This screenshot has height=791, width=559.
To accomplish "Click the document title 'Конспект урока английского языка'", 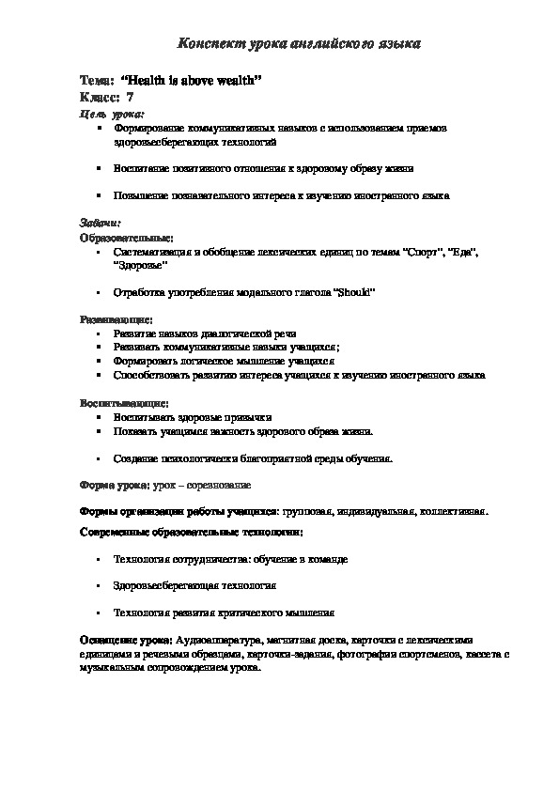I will click(x=300, y=43).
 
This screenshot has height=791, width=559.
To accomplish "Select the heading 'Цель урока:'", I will click(x=105, y=113).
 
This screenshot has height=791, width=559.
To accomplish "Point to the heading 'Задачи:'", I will click(x=99, y=224).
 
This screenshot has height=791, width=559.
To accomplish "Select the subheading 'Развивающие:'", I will click(x=112, y=319).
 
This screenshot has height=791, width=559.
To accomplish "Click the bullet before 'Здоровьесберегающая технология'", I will click(x=99, y=584).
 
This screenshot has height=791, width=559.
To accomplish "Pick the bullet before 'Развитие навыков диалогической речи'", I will click(x=99, y=333).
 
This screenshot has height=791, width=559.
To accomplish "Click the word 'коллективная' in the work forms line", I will click(x=455, y=512).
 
